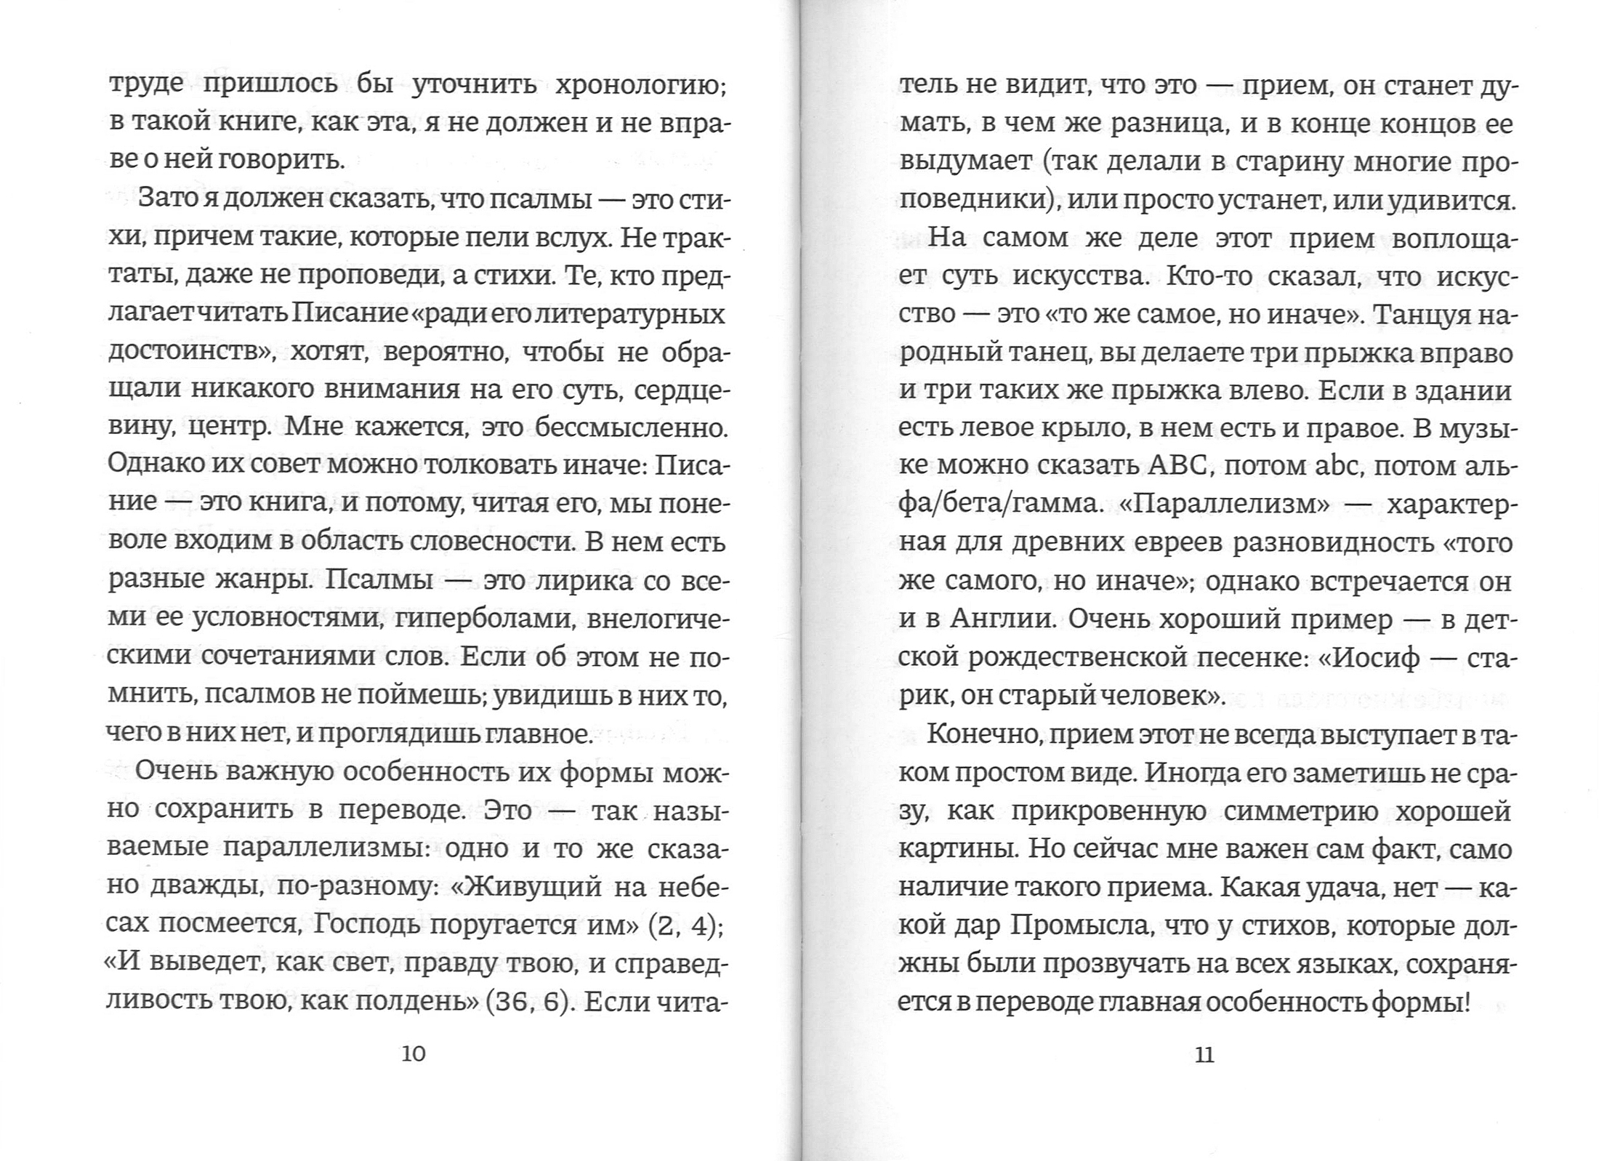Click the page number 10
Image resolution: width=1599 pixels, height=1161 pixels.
coord(414,1054)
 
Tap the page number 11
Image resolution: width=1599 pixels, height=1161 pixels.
coord(1204,1055)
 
